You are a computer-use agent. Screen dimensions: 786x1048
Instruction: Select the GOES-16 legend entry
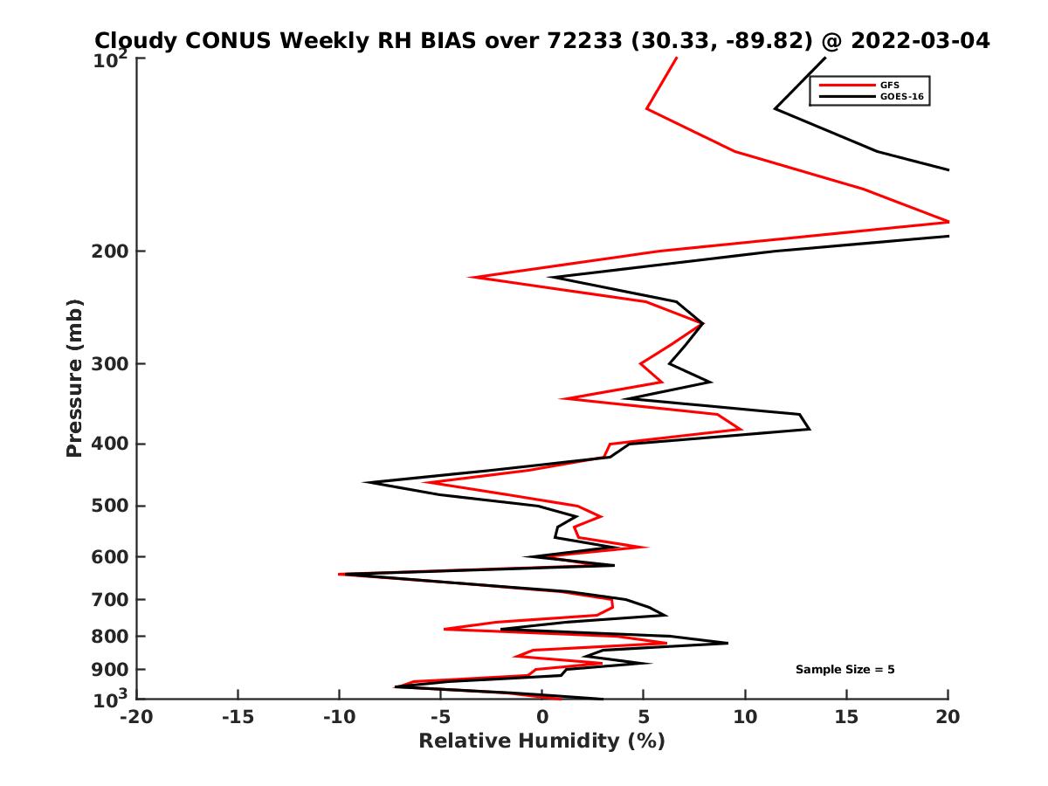(x=903, y=97)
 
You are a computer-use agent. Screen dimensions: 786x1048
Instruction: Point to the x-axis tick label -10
(x=337, y=718)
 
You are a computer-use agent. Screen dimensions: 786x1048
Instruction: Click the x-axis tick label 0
(x=542, y=718)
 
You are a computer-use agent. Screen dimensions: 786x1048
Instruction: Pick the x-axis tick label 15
(x=846, y=718)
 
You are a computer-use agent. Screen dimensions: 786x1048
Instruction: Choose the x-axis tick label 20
(x=948, y=718)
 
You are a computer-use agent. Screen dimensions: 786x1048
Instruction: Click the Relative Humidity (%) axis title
(x=541, y=741)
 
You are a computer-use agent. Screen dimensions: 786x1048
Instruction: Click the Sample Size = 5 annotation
(x=845, y=670)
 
